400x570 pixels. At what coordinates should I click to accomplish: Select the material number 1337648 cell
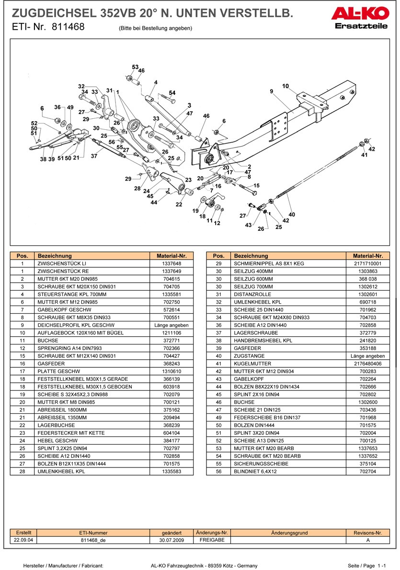coord(171,263)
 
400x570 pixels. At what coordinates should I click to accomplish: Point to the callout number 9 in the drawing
coord(271,91)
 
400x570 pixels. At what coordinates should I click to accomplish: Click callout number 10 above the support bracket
coord(286,86)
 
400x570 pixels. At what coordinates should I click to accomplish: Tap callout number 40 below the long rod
coord(292,214)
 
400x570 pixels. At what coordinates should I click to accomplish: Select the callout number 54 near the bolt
coord(172,93)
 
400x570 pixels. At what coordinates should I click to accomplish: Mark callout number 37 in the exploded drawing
coord(94,156)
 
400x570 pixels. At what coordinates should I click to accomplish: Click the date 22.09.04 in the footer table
coord(23,540)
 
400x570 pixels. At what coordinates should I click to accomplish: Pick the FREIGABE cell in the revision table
coord(211,540)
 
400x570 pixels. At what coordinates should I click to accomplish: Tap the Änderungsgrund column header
coord(289,533)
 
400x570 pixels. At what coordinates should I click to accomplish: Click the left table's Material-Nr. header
coord(171,256)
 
